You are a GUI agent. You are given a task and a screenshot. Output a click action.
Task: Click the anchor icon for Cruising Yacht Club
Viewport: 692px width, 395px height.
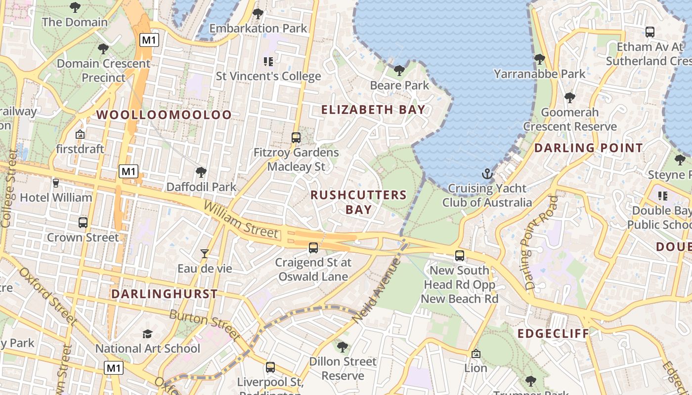487,174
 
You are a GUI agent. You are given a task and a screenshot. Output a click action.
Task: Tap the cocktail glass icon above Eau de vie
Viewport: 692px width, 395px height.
204,254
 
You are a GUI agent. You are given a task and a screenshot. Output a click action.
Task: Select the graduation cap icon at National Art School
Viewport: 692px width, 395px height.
147,334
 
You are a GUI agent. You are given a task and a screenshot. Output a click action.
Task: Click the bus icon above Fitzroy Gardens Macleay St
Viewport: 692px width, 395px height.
296,138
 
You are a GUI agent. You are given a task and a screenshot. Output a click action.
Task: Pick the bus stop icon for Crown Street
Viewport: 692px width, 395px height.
83,223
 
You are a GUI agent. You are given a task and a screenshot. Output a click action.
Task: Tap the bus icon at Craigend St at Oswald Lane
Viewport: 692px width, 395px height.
313,248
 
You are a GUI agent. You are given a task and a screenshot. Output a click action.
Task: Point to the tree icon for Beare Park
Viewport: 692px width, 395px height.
399,71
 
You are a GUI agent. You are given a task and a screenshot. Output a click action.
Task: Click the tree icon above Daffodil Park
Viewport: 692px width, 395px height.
201,172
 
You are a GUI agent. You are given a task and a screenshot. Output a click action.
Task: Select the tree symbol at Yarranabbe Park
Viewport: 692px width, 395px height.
539,59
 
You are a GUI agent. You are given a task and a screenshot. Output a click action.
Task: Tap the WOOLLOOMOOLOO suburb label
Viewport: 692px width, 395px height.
164,115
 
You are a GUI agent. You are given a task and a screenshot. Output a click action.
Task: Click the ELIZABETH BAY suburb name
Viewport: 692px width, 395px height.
373,110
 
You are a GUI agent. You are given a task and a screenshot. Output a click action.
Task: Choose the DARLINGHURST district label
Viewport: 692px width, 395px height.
164,294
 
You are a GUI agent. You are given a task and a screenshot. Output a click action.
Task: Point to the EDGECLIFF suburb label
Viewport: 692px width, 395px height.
554,334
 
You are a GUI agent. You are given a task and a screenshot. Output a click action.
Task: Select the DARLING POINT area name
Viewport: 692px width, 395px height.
588,148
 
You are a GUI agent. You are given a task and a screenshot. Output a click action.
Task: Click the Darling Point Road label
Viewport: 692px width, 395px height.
540,243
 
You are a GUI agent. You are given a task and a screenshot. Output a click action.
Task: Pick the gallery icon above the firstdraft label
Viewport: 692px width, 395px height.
80,134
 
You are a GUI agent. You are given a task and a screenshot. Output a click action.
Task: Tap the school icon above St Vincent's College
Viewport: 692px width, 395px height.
268,62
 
